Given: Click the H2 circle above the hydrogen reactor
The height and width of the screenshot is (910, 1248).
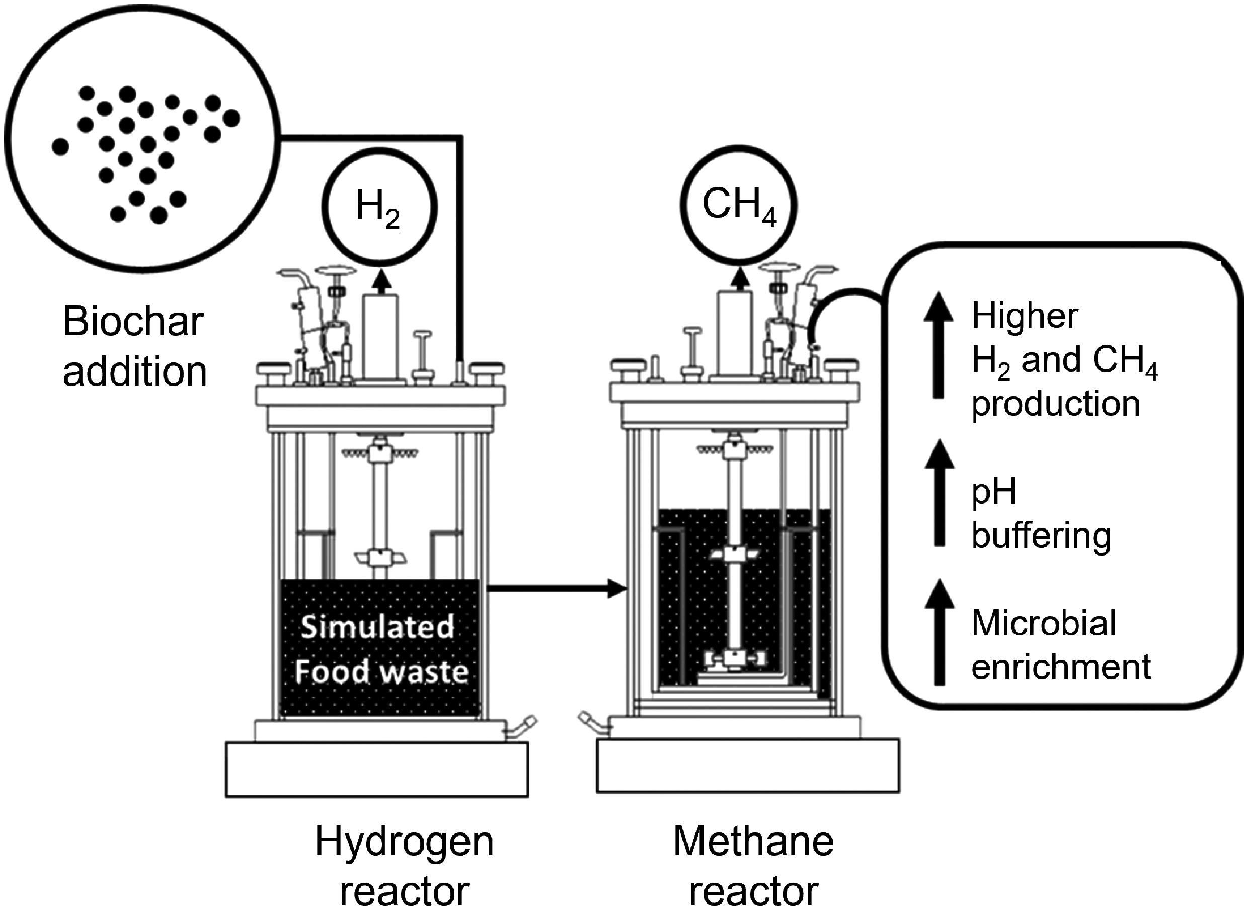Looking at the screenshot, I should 379,209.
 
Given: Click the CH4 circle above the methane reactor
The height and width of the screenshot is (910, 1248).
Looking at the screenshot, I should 739,205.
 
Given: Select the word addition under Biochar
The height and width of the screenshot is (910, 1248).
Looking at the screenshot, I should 135,372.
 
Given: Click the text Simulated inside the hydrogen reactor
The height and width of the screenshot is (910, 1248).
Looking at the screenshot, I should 378,627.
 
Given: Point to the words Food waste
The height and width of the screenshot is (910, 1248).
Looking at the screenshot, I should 381,671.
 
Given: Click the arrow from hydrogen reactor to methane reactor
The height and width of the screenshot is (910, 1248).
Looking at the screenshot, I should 556,588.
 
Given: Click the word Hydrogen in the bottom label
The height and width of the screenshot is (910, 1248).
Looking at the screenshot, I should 404,841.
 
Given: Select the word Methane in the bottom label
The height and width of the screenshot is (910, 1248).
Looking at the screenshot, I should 753,841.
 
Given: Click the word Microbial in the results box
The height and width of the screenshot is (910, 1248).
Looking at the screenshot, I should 1044,623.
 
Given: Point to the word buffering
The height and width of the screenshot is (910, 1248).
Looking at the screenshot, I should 1041,536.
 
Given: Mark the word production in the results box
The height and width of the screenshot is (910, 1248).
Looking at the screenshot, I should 1055,404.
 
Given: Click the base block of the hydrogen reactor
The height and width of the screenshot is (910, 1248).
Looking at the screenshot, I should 377,770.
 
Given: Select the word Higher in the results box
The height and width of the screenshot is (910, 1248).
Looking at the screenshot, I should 1025,316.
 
